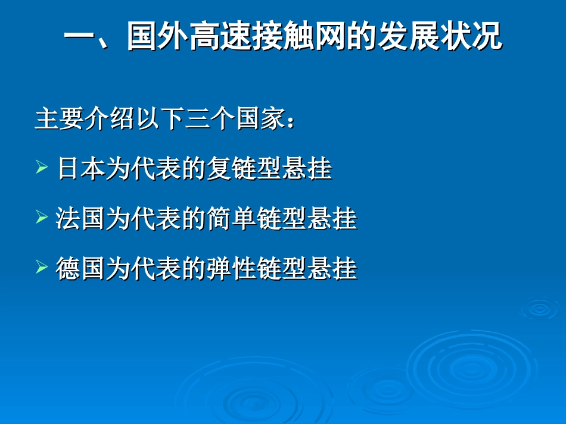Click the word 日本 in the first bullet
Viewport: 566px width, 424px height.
[82, 169]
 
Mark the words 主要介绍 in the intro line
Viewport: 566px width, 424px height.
[83, 119]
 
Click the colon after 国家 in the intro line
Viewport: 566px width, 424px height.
[291, 121]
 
